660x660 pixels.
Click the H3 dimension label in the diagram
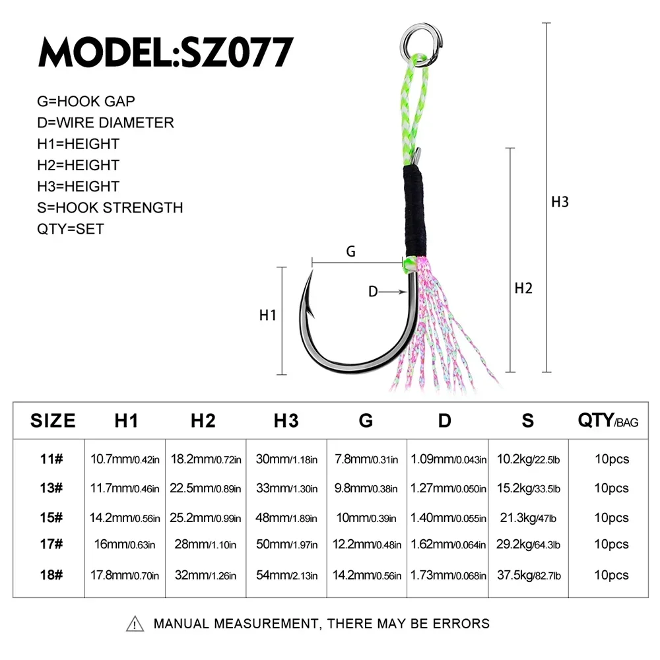click(560, 202)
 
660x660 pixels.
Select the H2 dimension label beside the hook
click(523, 288)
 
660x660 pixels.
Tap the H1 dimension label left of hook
click(267, 315)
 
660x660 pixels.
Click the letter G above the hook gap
click(350, 251)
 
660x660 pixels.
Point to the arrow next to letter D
click(391, 292)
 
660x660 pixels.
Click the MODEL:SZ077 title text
click(166, 52)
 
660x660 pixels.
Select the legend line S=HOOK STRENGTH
click(110, 208)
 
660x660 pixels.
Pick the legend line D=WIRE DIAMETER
click(106, 123)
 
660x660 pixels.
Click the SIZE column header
click(53, 421)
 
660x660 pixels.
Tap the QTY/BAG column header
click(608, 421)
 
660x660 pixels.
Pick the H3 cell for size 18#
click(286, 576)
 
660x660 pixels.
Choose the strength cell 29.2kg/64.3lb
click(527, 546)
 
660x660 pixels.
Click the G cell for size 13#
click(366, 489)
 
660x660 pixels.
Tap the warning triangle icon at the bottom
click(135, 624)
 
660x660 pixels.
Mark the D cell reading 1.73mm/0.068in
click(448, 576)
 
